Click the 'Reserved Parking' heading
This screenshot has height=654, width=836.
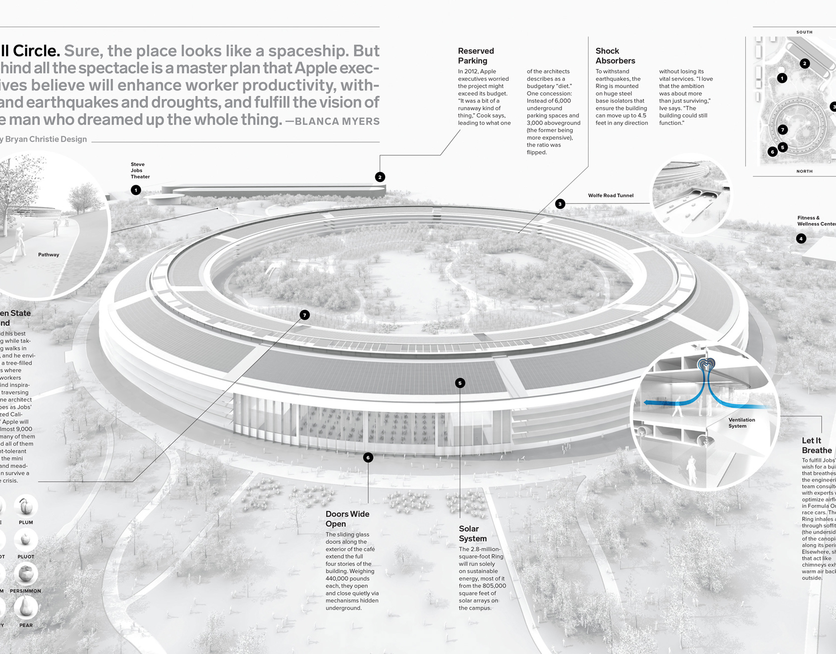tap(476, 56)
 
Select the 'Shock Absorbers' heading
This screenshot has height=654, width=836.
tap(615, 56)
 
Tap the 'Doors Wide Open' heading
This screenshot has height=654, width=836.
tap(347, 519)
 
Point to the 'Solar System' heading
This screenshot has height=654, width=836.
tap(472, 534)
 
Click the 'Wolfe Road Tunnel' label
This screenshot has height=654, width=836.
tap(611, 196)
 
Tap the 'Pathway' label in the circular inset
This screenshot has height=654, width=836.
tap(49, 255)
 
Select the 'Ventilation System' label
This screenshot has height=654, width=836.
tap(741, 423)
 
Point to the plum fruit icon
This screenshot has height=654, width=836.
tap(26, 506)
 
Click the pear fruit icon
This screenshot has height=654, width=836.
tap(26, 607)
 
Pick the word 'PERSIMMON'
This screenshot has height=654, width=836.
tap(25, 591)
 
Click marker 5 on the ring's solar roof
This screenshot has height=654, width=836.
tap(460, 383)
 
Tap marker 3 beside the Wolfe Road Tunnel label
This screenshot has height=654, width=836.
tap(560, 204)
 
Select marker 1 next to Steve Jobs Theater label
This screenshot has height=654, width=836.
tap(136, 190)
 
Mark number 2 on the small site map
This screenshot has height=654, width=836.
tap(805, 63)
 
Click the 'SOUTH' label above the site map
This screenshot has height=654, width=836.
tap(804, 32)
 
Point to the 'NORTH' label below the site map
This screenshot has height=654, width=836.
tap(804, 171)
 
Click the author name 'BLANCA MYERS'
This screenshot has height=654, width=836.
tap(337, 121)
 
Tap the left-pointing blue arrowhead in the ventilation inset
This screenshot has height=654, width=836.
tap(648, 403)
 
